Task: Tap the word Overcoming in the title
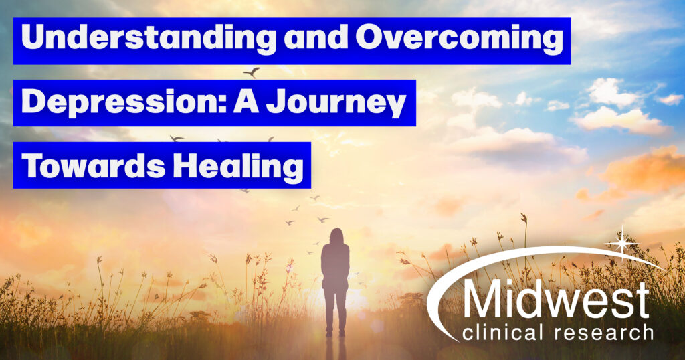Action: (x=458, y=40)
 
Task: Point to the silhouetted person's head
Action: (x=335, y=236)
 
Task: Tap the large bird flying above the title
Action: (x=252, y=72)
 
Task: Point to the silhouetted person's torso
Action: (x=335, y=264)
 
